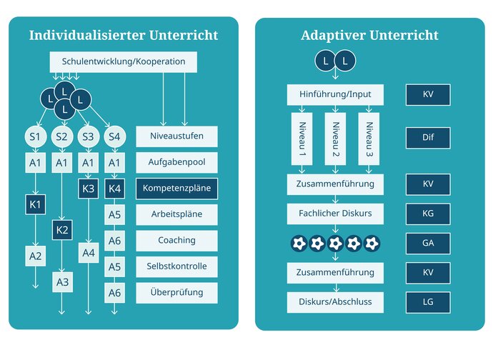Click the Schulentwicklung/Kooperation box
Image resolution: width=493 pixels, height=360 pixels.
123,61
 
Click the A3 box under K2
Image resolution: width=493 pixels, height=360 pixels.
62,281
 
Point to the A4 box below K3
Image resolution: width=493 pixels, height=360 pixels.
89,253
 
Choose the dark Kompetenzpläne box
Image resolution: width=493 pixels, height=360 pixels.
176,189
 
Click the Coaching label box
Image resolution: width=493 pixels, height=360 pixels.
176,240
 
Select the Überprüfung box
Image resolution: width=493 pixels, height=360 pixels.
176,291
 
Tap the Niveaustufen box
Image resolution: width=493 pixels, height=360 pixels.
176,136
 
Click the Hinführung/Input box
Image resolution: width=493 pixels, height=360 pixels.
334,94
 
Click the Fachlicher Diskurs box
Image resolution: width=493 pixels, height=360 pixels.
334,213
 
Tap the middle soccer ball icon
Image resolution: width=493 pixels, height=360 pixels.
334,243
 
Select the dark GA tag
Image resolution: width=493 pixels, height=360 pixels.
427,243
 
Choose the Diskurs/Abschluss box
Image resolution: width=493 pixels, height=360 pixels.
334,301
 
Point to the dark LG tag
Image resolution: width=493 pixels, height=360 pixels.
427,301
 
